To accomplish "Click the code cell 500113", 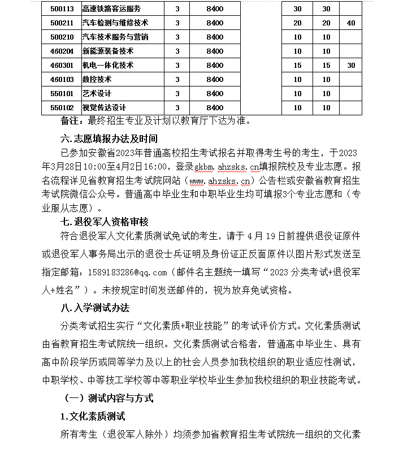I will coord(62,9).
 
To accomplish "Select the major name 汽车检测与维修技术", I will coord(115,23).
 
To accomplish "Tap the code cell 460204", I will coord(62,51).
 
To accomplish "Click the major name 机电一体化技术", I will coord(108,65).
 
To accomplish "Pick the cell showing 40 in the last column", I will coord(351,23).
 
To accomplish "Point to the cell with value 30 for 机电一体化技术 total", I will coord(351,65).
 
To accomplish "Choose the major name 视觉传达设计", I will coord(104,107).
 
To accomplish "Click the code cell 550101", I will coord(62,93).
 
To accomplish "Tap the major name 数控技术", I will coord(97,79).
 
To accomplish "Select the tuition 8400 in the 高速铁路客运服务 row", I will coord(215,9).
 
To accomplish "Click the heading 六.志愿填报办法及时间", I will coord(109,138).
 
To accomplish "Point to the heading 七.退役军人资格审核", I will coord(109,222).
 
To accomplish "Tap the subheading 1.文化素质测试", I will coord(93,416).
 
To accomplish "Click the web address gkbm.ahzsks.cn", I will coord(225,167).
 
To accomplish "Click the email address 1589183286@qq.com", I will coord(129,273).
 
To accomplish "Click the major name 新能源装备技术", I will coord(108,51).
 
